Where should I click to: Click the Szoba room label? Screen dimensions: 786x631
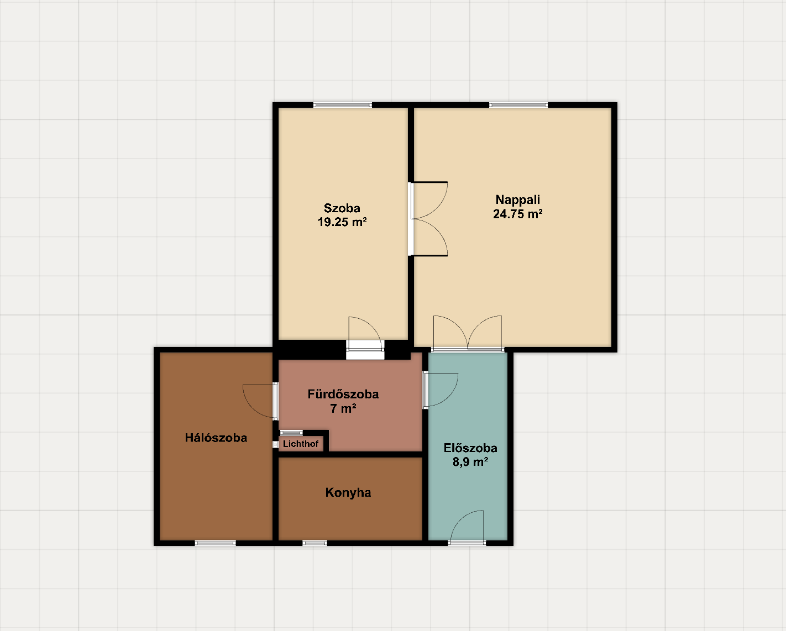click(x=342, y=208)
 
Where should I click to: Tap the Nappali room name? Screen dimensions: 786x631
click(x=517, y=200)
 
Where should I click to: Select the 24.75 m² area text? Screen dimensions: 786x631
click(x=517, y=214)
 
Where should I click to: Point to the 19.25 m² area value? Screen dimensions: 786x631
click(x=342, y=222)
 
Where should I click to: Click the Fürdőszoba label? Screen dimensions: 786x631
click(x=343, y=394)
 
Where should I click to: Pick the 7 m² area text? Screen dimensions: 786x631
click(x=343, y=408)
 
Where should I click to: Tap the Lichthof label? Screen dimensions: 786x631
click(x=301, y=444)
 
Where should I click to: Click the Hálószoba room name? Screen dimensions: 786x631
click(x=216, y=438)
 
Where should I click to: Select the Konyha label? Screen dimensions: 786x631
click(x=348, y=493)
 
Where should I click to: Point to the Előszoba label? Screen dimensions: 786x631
click(x=470, y=448)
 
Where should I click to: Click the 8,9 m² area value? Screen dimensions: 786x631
click(x=470, y=462)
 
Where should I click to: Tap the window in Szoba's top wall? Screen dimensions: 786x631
click(x=343, y=105)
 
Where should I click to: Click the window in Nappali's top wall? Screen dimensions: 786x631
click(x=518, y=105)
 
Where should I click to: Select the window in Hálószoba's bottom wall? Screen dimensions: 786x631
click(x=216, y=543)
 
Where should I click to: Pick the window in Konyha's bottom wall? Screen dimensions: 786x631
click(x=315, y=543)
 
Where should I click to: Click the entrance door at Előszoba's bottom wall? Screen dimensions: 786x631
click(x=467, y=527)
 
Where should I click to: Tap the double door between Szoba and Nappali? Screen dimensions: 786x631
click(x=428, y=219)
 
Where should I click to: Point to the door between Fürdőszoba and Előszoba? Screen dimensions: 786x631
click(x=441, y=390)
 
